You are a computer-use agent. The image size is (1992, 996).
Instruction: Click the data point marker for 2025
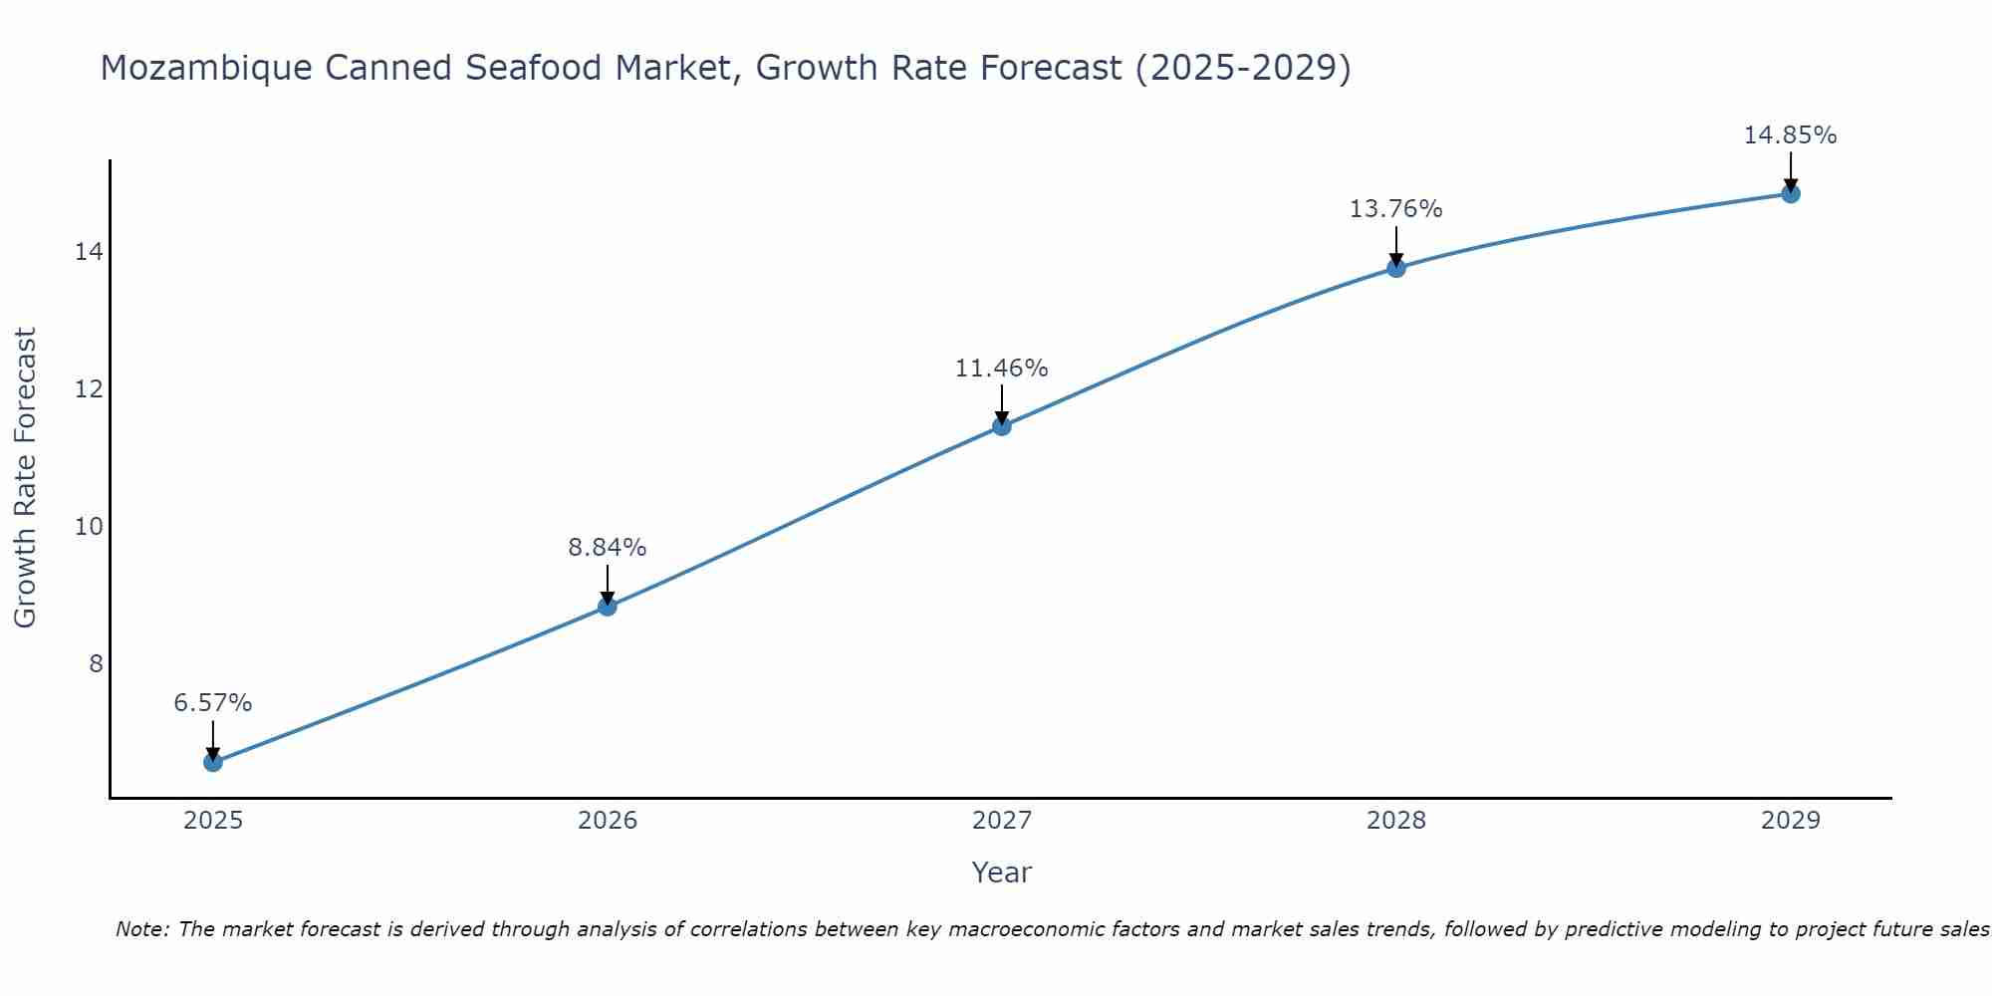click(213, 762)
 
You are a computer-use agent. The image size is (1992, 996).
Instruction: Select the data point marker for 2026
click(608, 607)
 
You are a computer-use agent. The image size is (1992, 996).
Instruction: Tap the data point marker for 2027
click(1002, 426)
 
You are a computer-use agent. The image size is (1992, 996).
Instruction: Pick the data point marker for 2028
click(1396, 268)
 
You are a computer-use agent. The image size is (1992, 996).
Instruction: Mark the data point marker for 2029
click(1791, 193)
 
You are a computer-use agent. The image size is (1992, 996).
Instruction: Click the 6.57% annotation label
click(213, 703)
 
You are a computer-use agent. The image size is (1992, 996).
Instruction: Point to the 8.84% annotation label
click(608, 547)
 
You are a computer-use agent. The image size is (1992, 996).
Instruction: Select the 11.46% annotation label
click(1002, 369)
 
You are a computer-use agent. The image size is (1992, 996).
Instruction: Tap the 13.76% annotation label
click(1396, 209)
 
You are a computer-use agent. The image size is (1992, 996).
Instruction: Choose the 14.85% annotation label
click(1791, 135)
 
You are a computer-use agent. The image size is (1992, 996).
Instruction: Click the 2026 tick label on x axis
click(608, 821)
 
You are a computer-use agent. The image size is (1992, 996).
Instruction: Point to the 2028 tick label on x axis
click(1396, 821)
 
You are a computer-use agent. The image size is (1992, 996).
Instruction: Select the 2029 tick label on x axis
click(1791, 821)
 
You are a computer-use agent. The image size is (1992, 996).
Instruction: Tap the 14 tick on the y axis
click(89, 252)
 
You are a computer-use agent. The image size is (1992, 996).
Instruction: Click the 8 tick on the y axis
click(96, 663)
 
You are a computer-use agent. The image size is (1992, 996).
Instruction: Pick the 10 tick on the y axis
click(89, 526)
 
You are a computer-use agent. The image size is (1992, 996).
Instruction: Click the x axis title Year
click(1002, 872)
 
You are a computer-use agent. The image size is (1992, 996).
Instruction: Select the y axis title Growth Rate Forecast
click(25, 478)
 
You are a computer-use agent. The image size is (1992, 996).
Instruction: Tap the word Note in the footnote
click(142, 930)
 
